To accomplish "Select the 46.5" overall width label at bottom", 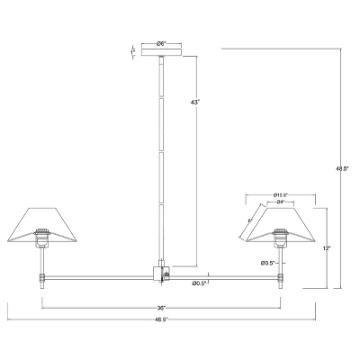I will pos(160,319).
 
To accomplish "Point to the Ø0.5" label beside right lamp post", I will pos(267,263).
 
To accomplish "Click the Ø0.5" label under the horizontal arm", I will pos(200,284).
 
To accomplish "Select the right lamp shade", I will pos(281,223).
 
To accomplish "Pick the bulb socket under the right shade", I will pos(280,240).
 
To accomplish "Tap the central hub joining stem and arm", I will pos(160,273).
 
